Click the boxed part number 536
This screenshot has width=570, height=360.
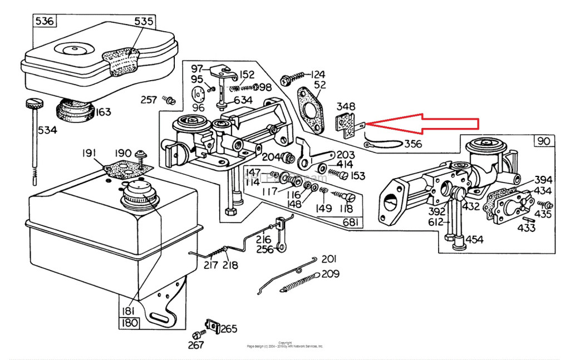tap(44, 22)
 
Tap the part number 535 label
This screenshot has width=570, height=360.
tap(144, 22)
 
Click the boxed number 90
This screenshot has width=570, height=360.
tap(543, 141)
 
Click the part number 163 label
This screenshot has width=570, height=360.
tap(103, 112)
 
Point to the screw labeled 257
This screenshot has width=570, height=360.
tap(169, 101)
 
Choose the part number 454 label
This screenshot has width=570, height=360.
tap(474, 240)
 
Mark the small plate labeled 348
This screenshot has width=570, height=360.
tap(348, 126)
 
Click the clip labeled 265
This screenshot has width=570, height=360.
tap(212, 325)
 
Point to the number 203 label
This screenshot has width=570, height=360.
tap(345, 154)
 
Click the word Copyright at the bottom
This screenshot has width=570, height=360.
tap(284, 343)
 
